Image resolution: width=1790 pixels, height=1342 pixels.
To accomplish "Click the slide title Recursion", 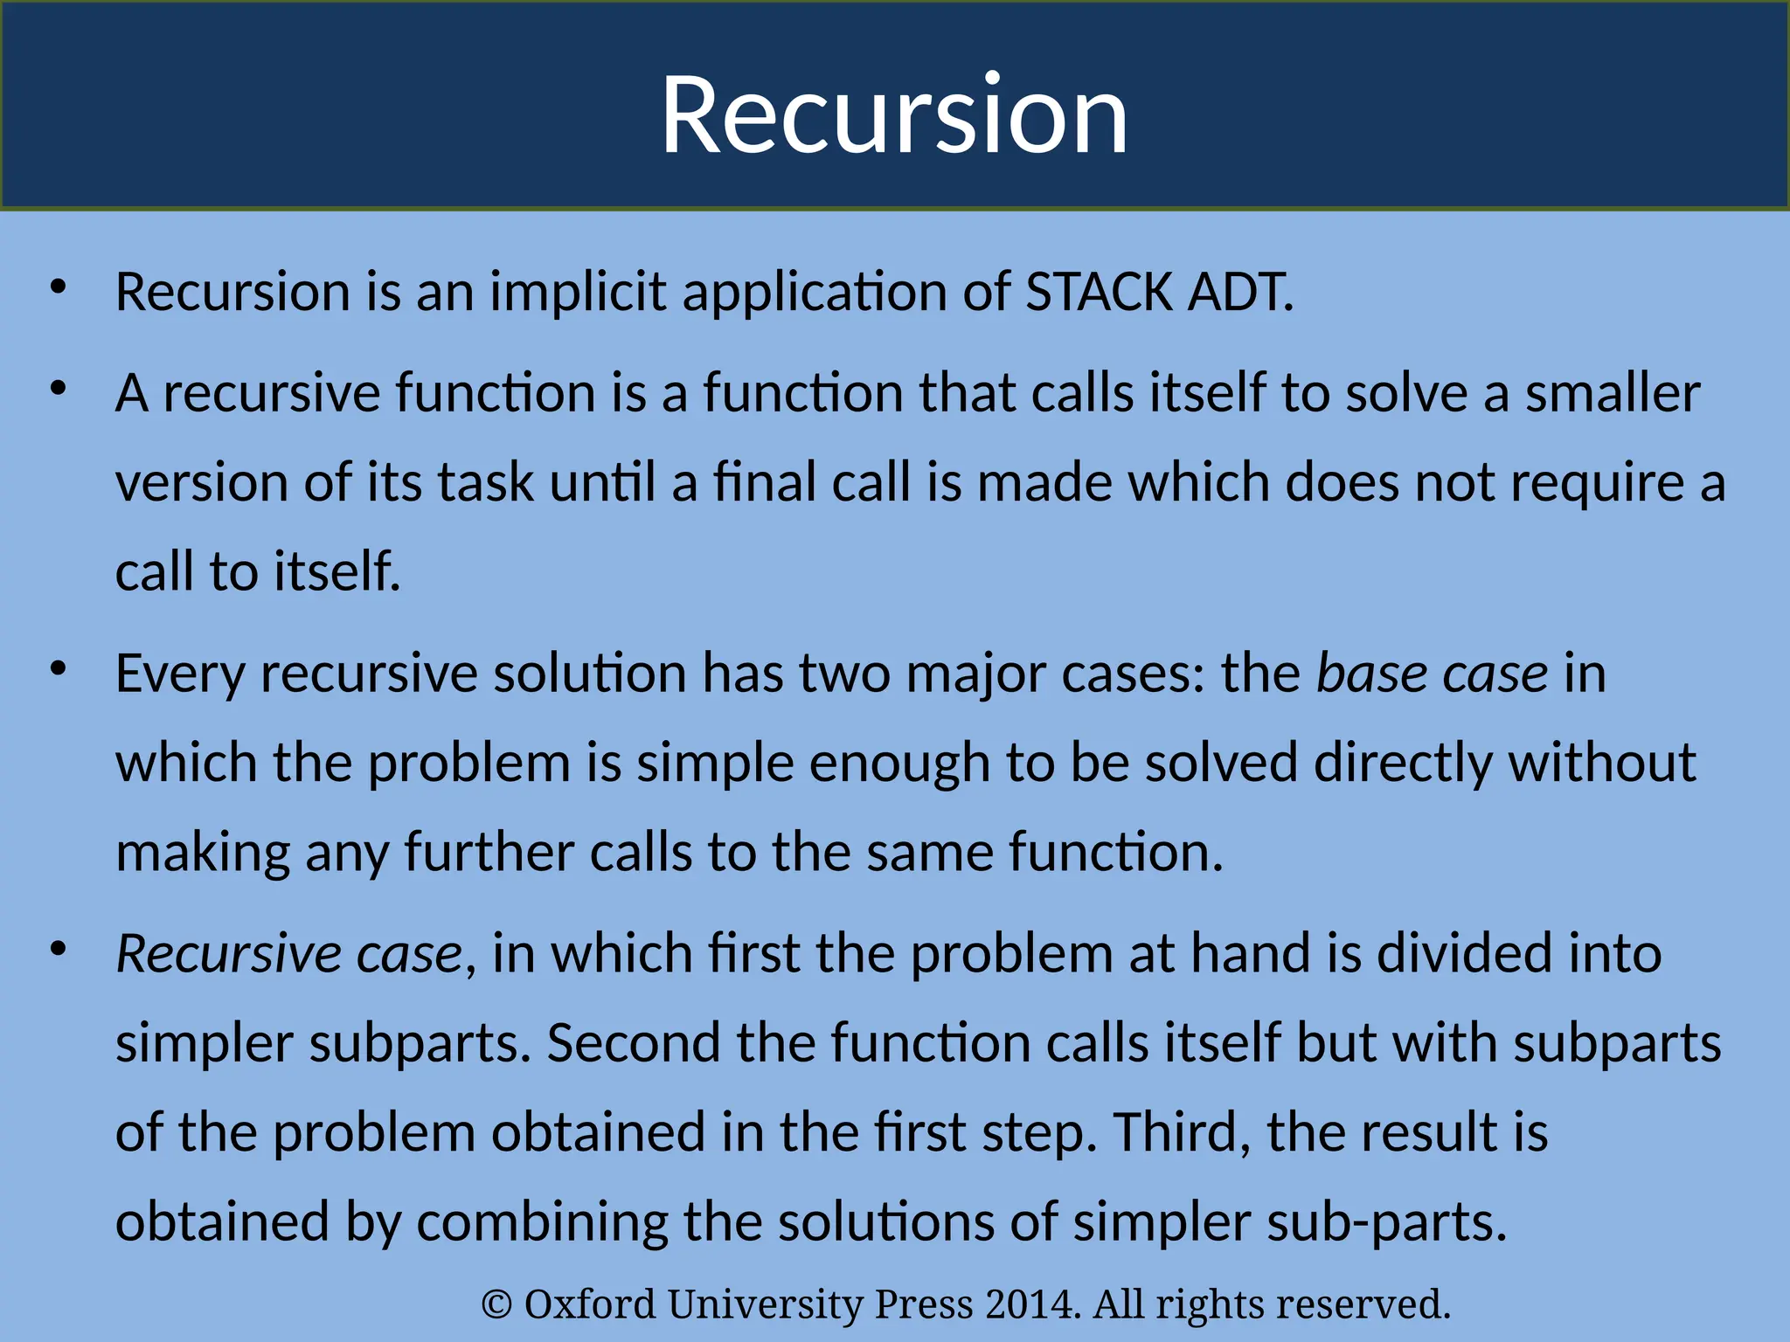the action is coord(894,114).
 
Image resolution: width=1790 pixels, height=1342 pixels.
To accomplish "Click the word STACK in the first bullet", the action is coord(1099,292).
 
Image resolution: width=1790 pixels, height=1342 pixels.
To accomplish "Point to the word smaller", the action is coord(1613,393).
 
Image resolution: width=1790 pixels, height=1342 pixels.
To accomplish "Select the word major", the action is coord(975,674).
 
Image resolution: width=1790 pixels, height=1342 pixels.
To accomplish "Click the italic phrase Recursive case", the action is coord(289,953).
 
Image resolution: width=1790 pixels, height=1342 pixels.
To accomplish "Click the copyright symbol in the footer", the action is coord(496,1304).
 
